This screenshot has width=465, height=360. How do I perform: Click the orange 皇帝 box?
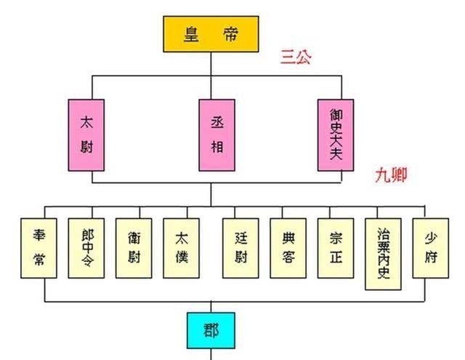[x=210, y=33]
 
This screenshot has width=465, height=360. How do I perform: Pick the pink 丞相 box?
[x=210, y=135]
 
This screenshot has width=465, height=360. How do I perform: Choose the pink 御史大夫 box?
[x=335, y=135]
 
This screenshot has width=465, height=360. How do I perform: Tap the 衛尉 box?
[x=134, y=249]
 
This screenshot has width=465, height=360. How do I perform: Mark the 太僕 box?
[x=182, y=249]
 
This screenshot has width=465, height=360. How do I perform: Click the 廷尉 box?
[x=240, y=249]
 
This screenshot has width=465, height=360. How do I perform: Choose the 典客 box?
[x=288, y=249]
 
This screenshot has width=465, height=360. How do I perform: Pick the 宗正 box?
[x=336, y=249]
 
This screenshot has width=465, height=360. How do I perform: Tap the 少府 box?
[x=429, y=249]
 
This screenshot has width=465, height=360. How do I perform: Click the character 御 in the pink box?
[x=335, y=113]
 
